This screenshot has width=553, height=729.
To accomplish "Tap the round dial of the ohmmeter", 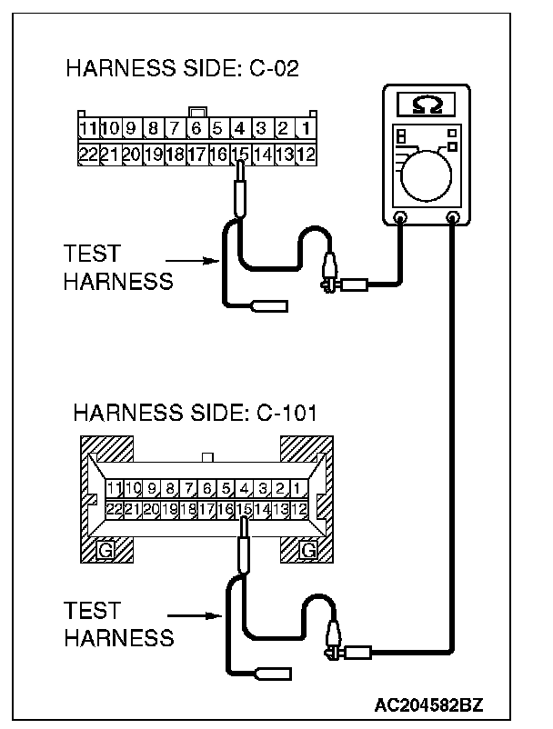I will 427,175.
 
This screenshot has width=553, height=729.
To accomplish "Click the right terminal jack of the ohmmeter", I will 452,217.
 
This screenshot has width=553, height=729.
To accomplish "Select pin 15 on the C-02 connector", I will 240,155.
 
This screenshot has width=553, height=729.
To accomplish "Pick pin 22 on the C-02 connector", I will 87,155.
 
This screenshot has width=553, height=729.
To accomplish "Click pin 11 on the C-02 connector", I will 87,129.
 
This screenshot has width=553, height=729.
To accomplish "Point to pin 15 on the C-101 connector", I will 243,510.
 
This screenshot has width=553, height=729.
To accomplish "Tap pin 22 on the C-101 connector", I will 115,510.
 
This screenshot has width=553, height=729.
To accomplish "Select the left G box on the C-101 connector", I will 106,551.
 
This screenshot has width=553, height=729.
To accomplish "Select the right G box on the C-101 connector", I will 309,551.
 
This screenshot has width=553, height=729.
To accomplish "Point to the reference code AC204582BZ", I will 431,704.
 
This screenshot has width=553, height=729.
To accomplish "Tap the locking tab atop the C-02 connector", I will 196,113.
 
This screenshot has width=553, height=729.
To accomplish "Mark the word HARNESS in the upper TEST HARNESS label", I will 118,281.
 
